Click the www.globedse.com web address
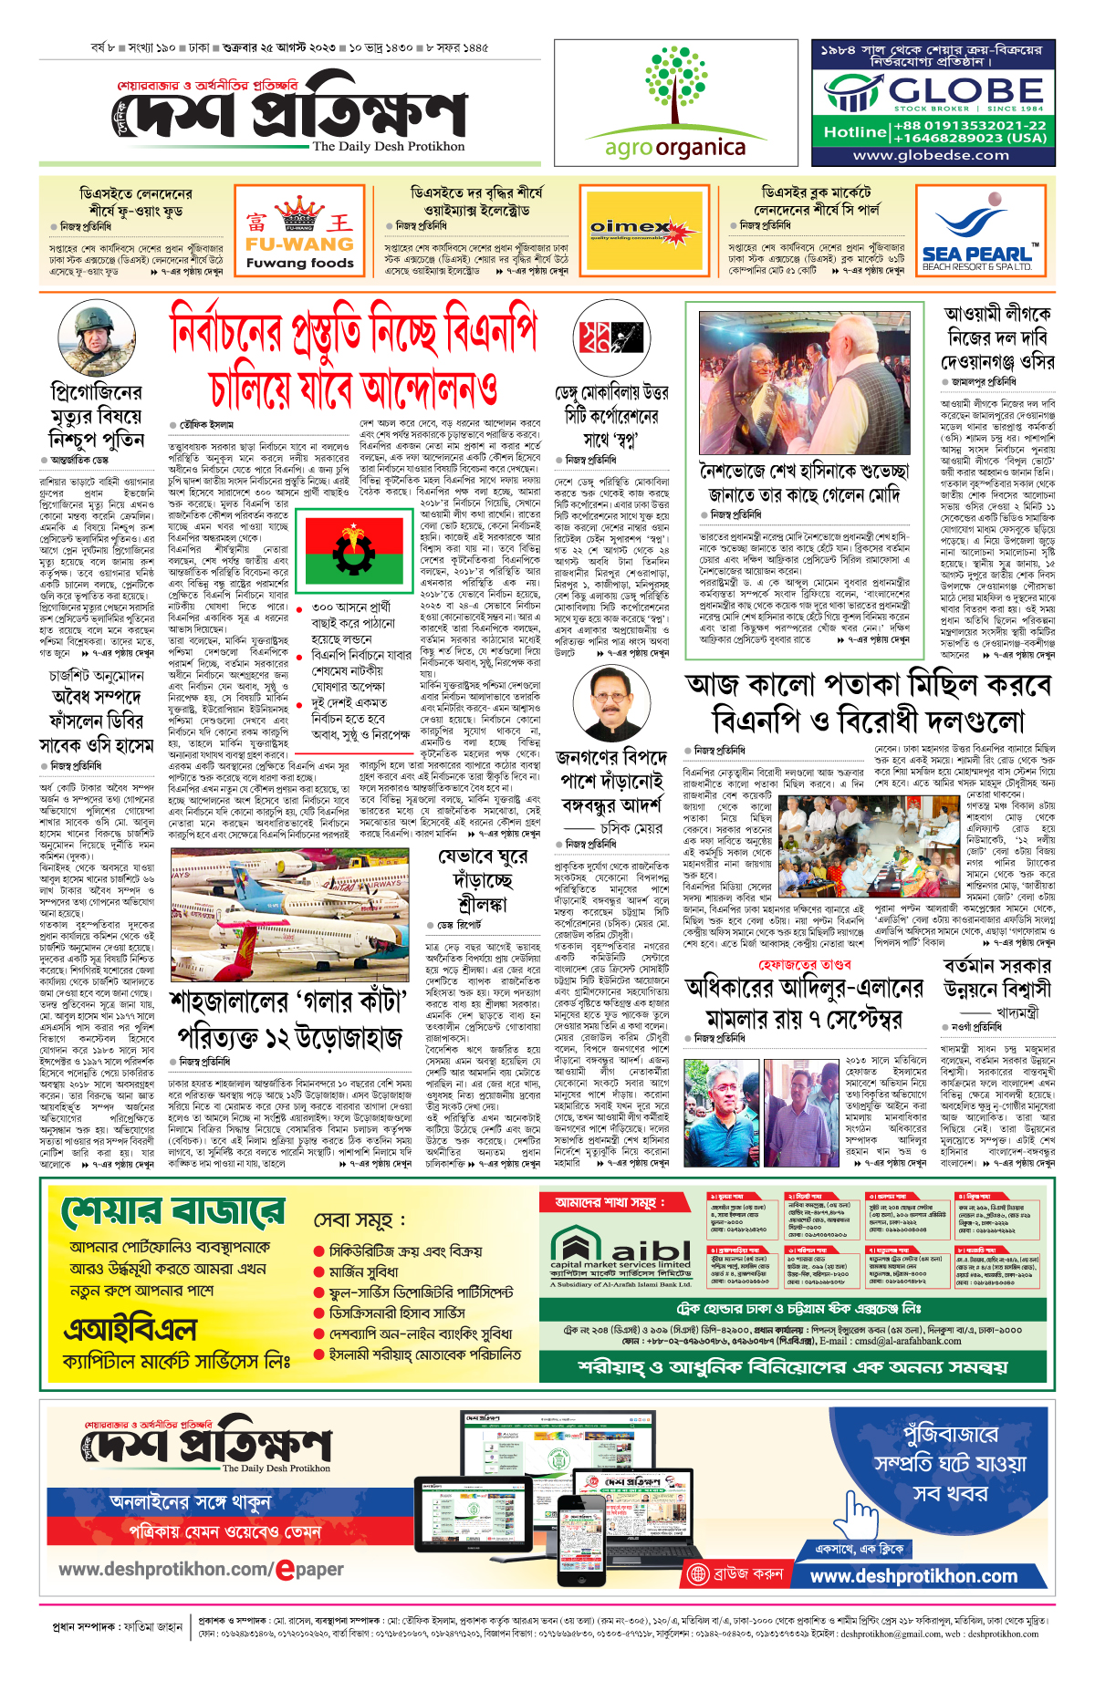coord(931,155)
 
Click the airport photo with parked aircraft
coord(287,912)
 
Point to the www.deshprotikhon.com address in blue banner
coord(913,1576)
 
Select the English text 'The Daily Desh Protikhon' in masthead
coord(389,147)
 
